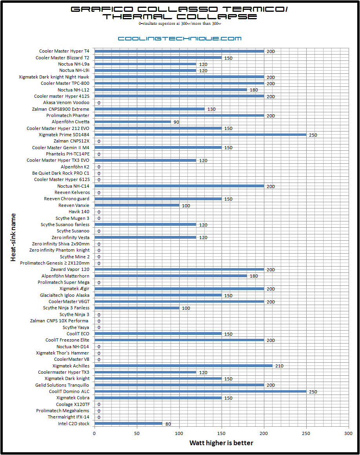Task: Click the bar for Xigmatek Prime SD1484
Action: pyautogui.click(x=200, y=135)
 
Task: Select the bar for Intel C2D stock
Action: pyautogui.click(x=128, y=423)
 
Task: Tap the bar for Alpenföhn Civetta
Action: pyautogui.click(x=133, y=122)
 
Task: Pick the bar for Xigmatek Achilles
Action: pyautogui.click(x=184, y=365)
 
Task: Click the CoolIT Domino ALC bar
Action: pyautogui.click(x=200, y=391)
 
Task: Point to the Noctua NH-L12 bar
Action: pyautogui.click(x=171, y=90)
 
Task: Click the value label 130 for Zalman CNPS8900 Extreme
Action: pyautogui.click(x=211, y=109)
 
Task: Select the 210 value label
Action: pyautogui.click(x=279, y=366)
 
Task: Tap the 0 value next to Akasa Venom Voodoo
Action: pyautogui.click(x=99, y=103)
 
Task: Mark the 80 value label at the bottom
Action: pyautogui.click(x=168, y=424)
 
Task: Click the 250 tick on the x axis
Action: pyautogui.click(x=306, y=433)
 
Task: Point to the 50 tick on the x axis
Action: pyautogui.click(x=136, y=433)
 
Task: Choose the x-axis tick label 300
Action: pyautogui.click(x=348, y=433)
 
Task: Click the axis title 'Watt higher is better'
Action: pyautogui.click(x=221, y=443)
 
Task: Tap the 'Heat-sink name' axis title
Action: pyautogui.click(x=13, y=238)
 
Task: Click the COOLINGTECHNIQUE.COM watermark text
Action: pyautogui.click(x=180, y=38)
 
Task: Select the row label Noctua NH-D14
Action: pyautogui.click(x=73, y=347)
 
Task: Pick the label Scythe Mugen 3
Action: pyautogui.click(x=72, y=218)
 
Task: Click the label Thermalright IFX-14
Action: pyautogui.click(x=68, y=417)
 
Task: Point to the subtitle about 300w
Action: pyautogui.click(x=180, y=24)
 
